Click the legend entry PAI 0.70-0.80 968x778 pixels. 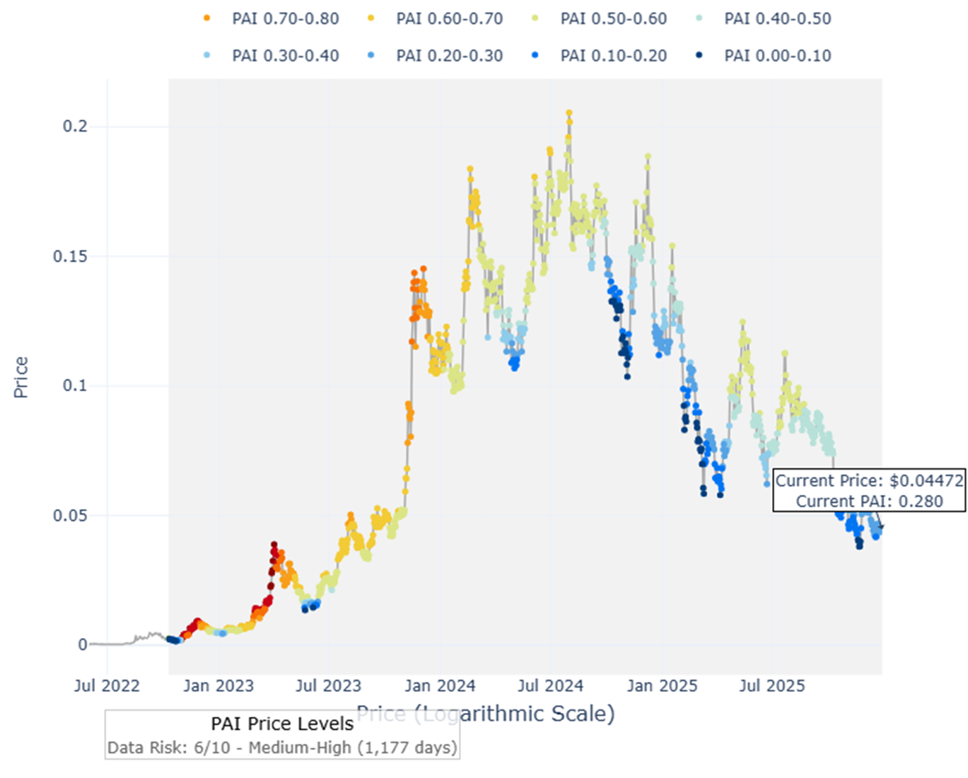[x=285, y=18]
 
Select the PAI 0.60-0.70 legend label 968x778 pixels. [x=449, y=18]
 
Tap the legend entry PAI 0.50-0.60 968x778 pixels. [x=613, y=18]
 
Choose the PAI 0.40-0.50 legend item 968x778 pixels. [x=777, y=18]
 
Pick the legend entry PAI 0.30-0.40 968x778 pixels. [x=285, y=55]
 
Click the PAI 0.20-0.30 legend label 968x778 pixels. [x=449, y=55]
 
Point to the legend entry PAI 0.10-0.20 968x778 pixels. [x=613, y=55]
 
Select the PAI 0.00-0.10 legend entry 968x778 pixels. [x=777, y=55]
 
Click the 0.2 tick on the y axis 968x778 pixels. [x=75, y=126]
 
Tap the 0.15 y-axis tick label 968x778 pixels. [x=70, y=256]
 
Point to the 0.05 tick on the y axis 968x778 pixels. [x=70, y=515]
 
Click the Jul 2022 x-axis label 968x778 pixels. [x=107, y=685]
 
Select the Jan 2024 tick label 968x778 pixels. [x=440, y=685]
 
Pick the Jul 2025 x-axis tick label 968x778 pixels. [x=772, y=685]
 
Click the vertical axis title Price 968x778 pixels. [x=21, y=377]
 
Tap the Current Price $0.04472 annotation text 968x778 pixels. [x=869, y=481]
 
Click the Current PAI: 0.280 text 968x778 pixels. [x=869, y=501]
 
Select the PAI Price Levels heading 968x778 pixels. [x=282, y=724]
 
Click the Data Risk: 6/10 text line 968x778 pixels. [x=282, y=748]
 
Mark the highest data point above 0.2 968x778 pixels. [x=569, y=112]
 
